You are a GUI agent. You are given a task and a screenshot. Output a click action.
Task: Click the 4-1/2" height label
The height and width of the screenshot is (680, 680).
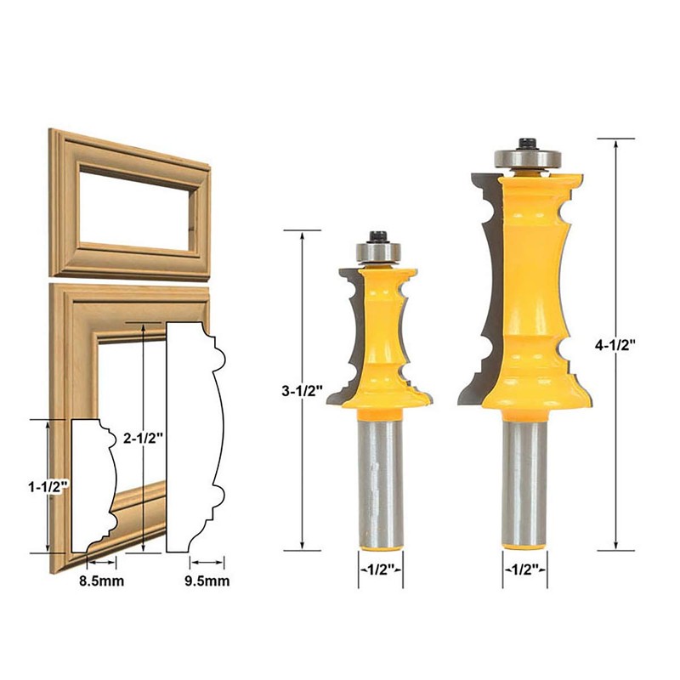pos(615,346)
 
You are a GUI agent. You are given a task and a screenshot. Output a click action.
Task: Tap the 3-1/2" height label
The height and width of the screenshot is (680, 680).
pos(303,392)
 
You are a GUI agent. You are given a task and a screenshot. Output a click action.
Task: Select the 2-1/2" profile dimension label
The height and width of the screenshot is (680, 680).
pos(143,438)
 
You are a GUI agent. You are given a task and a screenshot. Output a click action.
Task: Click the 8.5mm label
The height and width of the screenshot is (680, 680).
pos(101,581)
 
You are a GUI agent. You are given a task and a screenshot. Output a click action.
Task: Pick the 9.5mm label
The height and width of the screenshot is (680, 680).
pos(207,581)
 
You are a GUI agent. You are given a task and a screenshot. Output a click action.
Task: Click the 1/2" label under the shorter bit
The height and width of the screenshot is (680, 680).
pos(380,569)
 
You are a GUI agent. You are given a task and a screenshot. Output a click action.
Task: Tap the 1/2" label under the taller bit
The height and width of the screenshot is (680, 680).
pos(524,569)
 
